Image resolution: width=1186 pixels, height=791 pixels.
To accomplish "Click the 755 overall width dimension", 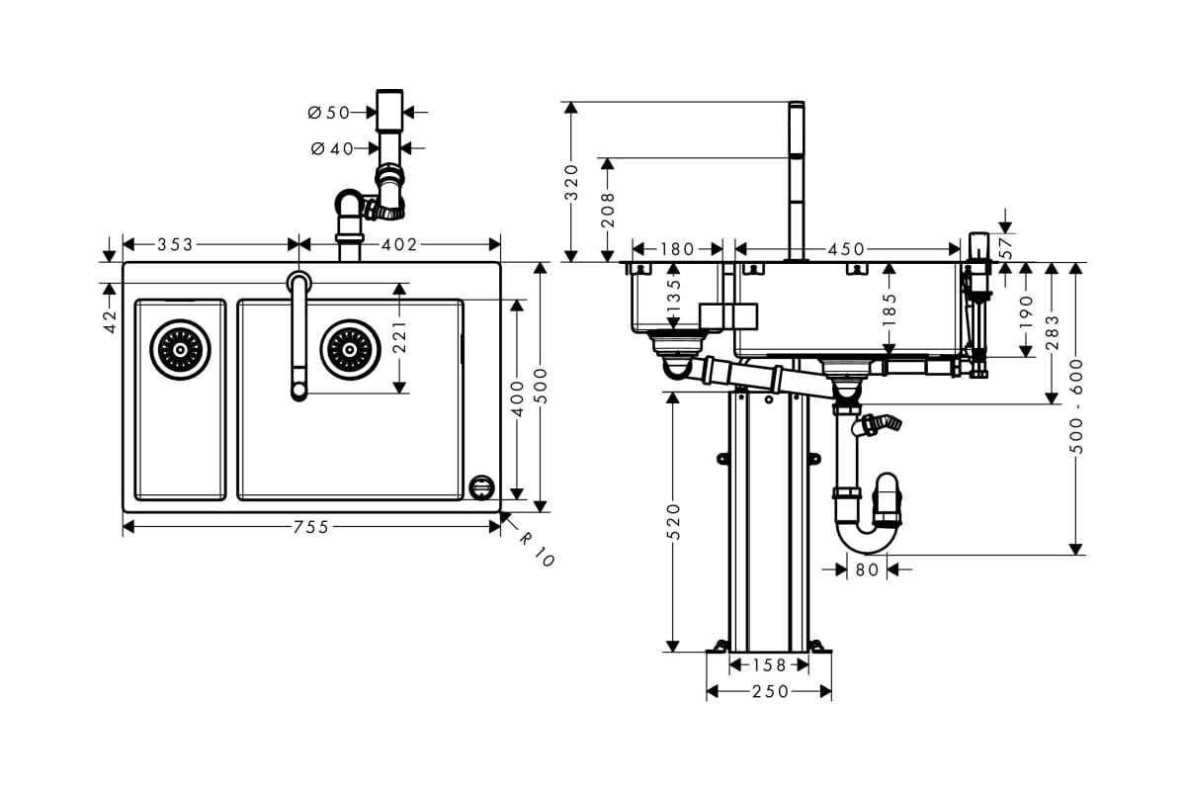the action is pos(311,527).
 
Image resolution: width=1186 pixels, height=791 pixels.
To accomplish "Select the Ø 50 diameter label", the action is pos(329,113).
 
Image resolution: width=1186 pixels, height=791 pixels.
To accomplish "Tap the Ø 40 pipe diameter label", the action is pos(332,149).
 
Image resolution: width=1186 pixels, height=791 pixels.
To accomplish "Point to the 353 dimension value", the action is pos(175,245).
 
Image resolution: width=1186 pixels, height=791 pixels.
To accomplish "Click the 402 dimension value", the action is pos(399,245).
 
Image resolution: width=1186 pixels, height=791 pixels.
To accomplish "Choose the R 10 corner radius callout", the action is pos(537,550).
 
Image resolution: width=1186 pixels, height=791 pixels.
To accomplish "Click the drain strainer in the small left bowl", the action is pos(180,350).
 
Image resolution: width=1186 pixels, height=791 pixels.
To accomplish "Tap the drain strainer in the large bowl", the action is pos(350,350).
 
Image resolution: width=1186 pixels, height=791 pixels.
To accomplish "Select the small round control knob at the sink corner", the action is pos(482,487).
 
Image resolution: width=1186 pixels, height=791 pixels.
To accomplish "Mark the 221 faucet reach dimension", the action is pos(399,337).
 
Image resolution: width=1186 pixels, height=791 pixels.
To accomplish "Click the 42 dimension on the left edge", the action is pos(110,322).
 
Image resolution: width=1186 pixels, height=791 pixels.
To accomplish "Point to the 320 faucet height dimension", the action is pos(571,183).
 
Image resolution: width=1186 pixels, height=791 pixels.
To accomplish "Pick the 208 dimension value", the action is pos(608,211).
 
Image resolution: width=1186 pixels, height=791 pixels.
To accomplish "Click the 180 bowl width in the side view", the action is pos(677,249).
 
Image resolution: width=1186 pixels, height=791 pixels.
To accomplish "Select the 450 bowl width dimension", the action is pos(846,249).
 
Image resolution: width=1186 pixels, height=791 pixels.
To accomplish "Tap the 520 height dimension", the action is pos(673,522).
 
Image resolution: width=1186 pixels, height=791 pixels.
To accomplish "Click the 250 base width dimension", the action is pos(770,691).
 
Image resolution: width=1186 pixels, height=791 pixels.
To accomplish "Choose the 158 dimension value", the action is pos(769,664).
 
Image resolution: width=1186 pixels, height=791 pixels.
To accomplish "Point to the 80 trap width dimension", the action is pos(868,571).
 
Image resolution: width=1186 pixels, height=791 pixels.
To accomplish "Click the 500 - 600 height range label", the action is pos(1076,406).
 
